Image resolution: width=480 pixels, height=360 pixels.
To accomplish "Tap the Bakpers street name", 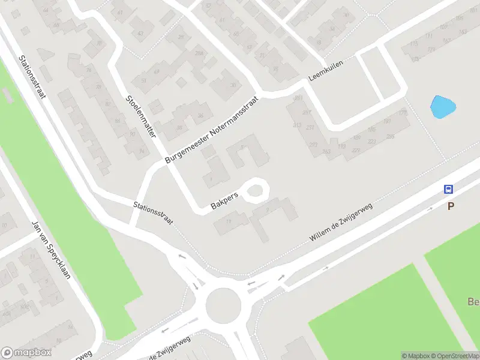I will (x=225, y=201).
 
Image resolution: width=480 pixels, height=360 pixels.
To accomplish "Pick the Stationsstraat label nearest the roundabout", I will (x=153, y=213).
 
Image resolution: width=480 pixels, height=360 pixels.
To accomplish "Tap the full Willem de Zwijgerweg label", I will (x=340, y=222).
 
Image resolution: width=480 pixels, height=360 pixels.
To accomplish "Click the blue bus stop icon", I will (x=448, y=189).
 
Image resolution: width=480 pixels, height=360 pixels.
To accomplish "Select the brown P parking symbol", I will (x=450, y=206).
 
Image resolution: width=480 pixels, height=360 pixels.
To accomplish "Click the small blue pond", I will (x=443, y=108).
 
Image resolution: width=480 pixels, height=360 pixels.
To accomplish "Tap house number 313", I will (x=296, y=124).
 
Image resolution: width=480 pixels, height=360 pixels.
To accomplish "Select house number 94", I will (x=142, y=151).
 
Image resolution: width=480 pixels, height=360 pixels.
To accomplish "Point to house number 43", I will (x=140, y=33).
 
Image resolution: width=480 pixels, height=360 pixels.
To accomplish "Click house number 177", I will (x=403, y=112).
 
